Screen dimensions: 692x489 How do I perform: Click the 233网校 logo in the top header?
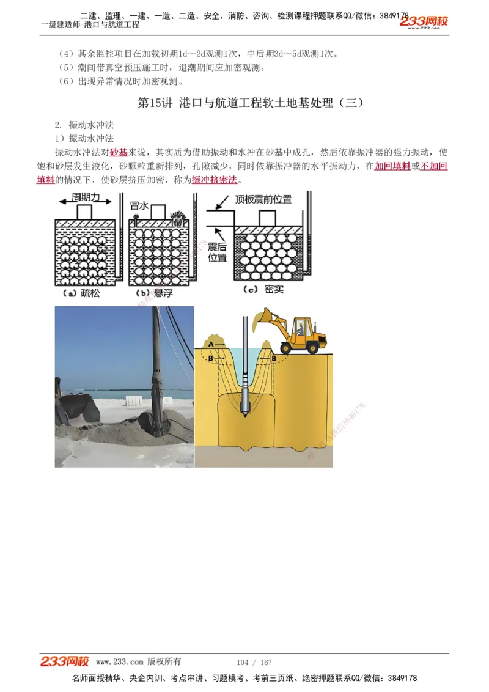pyautogui.click(x=424, y=22)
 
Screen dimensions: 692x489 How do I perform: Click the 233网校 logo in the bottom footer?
pyautogui.click(x=65, y=661)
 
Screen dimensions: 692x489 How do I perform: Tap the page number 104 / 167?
pyautogui.click(x=254, y=663)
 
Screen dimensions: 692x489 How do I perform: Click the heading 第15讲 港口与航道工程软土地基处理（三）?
pyautogui.click(x=251, y=103)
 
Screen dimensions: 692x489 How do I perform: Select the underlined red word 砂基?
pyautogui.click(x=119, y=152)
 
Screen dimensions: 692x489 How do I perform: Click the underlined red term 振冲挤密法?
pyautogui.click(x=215, y=180)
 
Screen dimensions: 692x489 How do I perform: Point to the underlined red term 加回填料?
pyautogui.click(x=392, y=166)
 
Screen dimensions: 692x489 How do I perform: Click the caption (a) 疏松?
pyautogui.click(x=82, y=293)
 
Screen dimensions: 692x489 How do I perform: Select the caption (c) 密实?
pyautogui.click(x=263, y=289)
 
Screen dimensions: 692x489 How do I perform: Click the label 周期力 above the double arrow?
pyautogui.click(x=86, y=197)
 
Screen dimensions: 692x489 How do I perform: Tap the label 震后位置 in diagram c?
pyautogui.click(x=218, y=252)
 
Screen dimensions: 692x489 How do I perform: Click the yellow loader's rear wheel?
pyautogui.click(x=314, y=346)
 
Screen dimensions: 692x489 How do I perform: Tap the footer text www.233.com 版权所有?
pyautogui.click(x=138, y=662)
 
